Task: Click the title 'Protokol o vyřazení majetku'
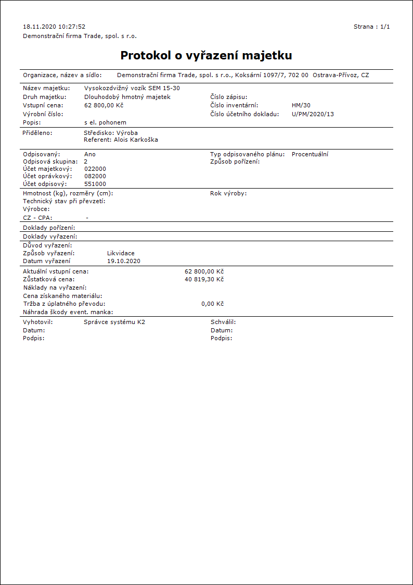206,56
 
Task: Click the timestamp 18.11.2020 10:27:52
54,27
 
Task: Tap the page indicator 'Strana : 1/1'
371,27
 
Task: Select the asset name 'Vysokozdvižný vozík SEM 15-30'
132,88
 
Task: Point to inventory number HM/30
301,105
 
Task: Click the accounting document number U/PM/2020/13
313,114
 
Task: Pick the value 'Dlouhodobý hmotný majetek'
127,97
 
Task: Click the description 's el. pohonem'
105,122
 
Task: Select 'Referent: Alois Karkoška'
121,140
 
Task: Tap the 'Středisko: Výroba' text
111,133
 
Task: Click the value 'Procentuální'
310,154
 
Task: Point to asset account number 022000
95,169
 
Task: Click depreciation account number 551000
95,184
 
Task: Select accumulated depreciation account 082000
95,176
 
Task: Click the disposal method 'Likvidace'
121,253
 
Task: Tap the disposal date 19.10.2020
123,261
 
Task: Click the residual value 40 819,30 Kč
204,279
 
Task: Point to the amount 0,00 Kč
212,304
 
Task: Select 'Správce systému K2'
114,322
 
